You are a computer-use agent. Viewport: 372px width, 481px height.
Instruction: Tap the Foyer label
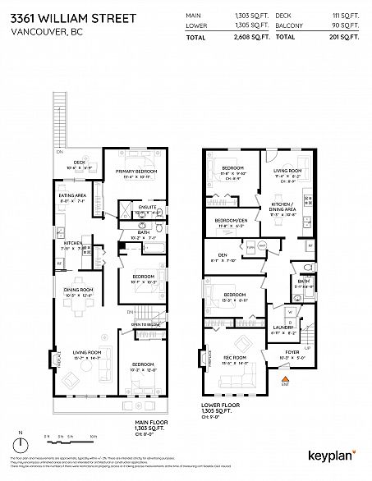coord(287,355)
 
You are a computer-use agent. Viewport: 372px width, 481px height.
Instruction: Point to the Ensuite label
coord(147,206)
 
